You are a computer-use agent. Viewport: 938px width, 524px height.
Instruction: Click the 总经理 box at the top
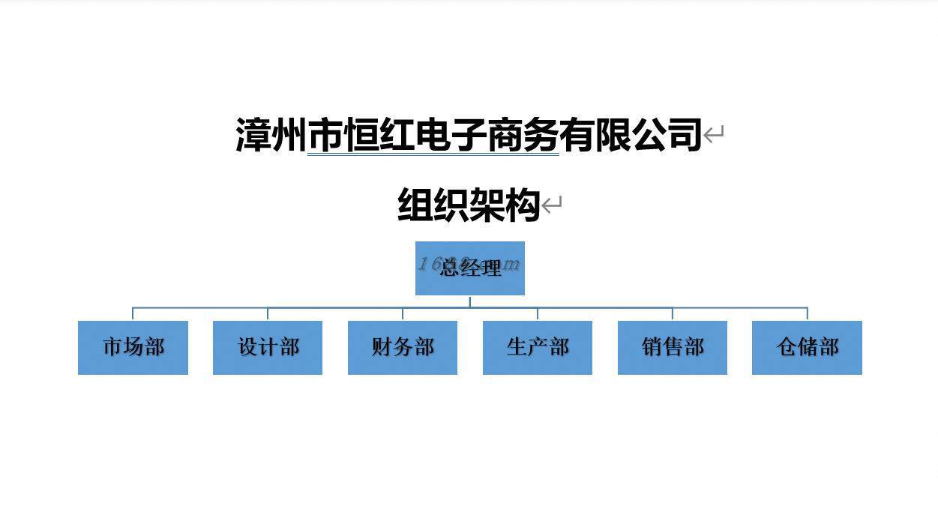470,268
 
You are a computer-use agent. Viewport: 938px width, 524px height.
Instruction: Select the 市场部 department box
133,347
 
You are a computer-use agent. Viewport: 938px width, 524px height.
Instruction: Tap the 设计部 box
268,347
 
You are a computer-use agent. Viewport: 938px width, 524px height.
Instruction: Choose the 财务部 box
403,347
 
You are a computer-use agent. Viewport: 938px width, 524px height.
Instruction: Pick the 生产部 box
538,347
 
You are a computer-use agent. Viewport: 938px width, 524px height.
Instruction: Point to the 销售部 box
673,347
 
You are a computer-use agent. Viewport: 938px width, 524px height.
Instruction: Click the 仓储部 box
807,347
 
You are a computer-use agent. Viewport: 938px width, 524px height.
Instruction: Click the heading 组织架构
469,205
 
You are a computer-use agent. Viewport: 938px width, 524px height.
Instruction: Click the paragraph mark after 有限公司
714,136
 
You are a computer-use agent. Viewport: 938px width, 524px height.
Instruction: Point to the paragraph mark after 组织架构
552,205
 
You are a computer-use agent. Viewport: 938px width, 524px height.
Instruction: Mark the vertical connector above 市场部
133,313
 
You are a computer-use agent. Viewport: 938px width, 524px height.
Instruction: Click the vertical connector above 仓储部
808,313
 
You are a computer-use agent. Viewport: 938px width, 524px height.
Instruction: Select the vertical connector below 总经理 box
470,301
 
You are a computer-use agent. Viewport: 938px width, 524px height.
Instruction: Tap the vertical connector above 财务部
403,313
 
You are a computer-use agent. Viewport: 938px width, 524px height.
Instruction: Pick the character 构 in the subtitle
523,205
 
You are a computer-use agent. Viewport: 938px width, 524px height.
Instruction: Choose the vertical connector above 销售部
673,313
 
